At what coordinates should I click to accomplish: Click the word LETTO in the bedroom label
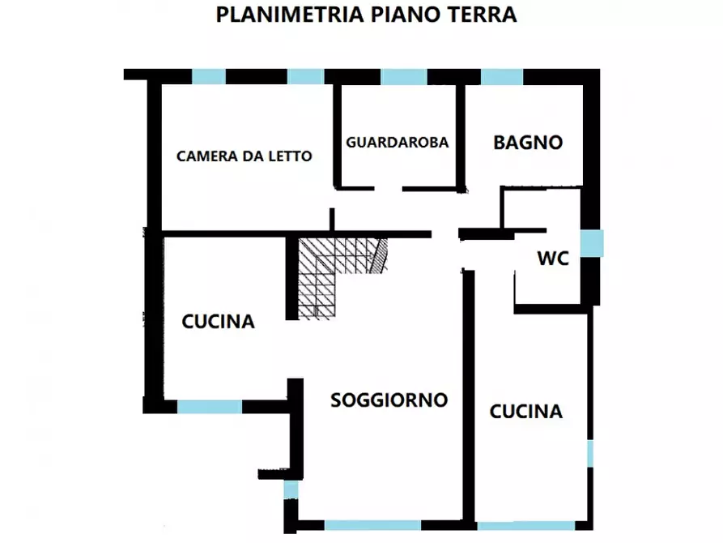tap(291, 156)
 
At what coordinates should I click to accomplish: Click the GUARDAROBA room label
tap(397, 142)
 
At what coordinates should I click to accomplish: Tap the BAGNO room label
tap(528, 143)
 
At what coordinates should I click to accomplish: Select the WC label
tap(553, 259)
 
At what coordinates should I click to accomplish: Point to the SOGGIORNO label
tap(389, 400)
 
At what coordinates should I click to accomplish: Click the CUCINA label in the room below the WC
tap(525, 412)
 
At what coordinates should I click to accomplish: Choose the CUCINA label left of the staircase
tap(218, 322)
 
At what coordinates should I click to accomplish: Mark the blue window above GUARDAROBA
tap(403, 77)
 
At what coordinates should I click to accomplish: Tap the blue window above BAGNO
tap(502, 77)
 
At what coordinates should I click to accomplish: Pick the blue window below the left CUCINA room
tap(209, 407)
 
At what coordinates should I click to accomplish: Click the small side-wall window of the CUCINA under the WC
tap(590, 454)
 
